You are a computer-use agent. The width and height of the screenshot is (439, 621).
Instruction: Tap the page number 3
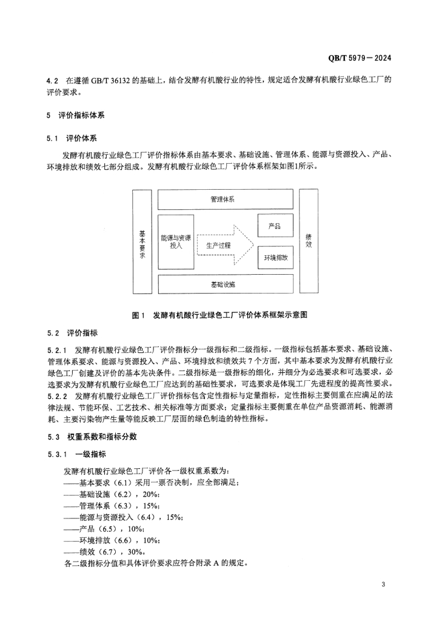coord(384,585)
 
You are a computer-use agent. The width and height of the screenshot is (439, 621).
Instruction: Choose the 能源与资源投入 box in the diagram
coord(176,242)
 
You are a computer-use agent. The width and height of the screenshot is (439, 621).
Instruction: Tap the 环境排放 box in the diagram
coord(275,258)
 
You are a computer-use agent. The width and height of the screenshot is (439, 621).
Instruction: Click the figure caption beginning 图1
coord(219,315)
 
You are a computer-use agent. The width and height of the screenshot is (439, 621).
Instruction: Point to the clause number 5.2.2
coord(58,397)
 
